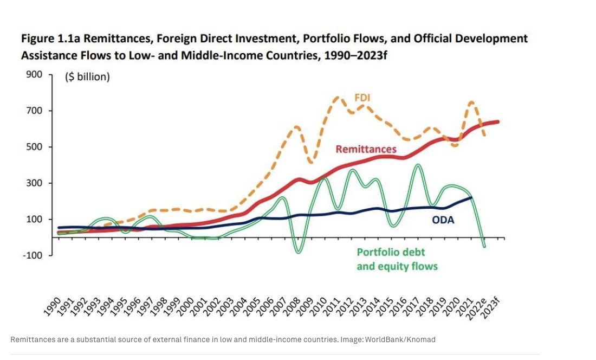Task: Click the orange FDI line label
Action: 362,98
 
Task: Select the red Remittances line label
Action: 366,149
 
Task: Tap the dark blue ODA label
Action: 443,220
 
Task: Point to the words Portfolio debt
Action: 391,252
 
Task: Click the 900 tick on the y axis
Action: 34,74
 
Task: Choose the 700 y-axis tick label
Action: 34,111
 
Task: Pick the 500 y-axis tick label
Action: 34,147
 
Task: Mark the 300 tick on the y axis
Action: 34,183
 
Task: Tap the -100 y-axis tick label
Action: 32,255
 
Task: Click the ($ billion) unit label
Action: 87,76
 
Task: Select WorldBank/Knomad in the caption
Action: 400,339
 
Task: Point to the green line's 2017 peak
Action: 418,165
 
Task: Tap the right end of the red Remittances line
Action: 497,122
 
